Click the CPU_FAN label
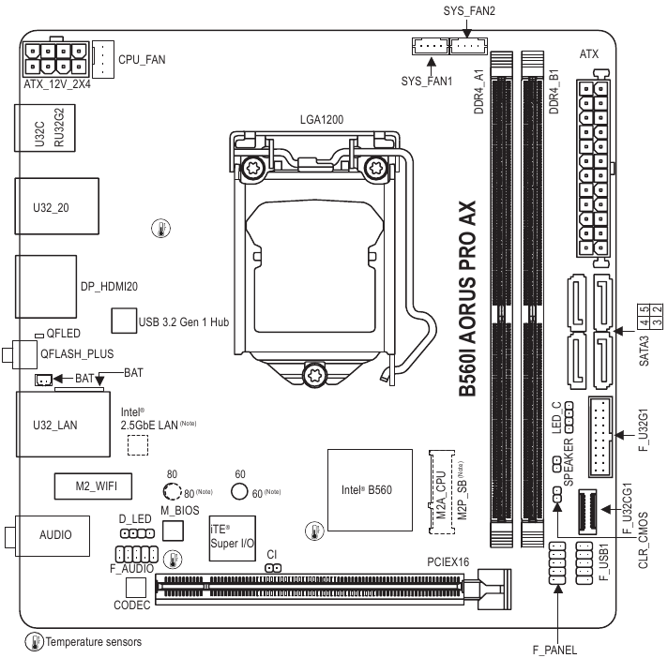[x=142, y=59]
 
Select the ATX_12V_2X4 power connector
[x=55, y=58]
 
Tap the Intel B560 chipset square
[x=367, y=489]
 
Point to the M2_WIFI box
[x=91, y=486]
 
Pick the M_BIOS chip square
[x=172, y=531]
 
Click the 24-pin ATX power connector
[x=591, y=168]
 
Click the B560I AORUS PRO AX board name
[x=466, y=301]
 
